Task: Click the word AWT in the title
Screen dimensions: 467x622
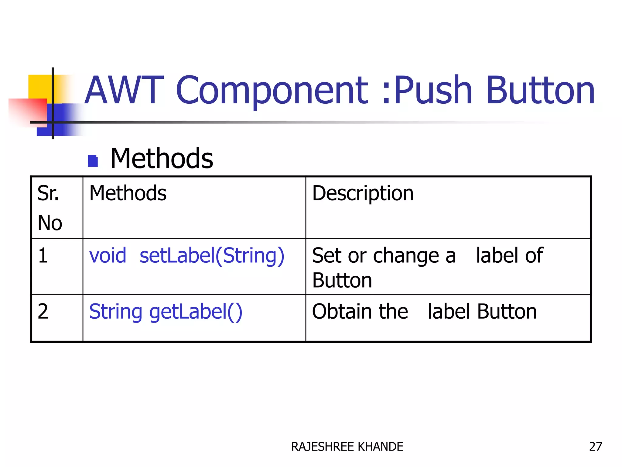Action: tap(124, 90)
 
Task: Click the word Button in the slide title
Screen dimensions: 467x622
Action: tap(540, 90)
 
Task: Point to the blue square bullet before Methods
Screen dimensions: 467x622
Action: tap(93, 161)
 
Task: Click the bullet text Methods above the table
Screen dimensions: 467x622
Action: tap(162, 158)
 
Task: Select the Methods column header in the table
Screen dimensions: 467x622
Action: tap(128, 193)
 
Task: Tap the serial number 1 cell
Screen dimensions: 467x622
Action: tap(43, 255)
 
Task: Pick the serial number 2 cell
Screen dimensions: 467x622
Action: tap(43, 311)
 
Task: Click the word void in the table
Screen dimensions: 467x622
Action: tap(108, 255)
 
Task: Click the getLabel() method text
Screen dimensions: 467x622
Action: tap(196, 312)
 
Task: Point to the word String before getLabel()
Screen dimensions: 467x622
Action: tap(116, 312)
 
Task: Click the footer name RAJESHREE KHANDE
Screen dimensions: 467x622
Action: tap(347, 447)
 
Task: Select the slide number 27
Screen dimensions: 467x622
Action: tap(595, 447)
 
